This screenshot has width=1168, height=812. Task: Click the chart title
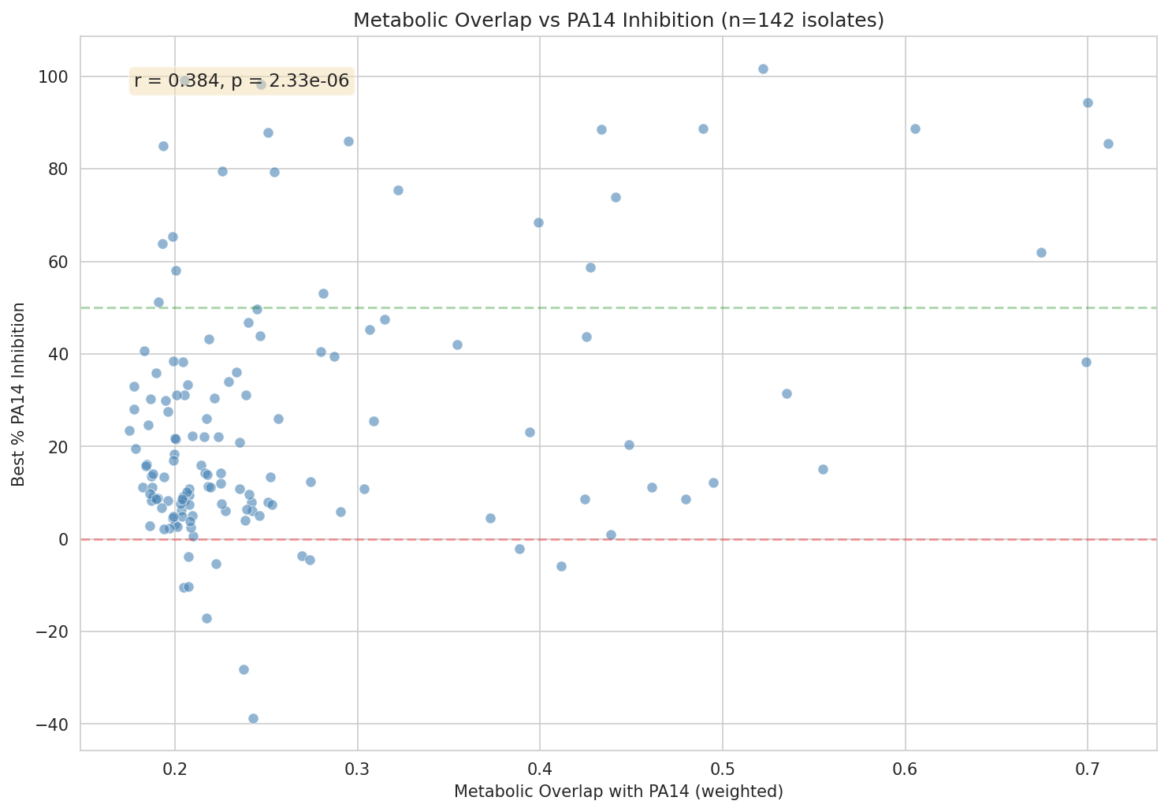click(619, 20)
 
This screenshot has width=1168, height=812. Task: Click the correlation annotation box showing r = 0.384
click(242, 80)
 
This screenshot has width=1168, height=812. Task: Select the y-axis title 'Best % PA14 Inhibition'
click(18, 393)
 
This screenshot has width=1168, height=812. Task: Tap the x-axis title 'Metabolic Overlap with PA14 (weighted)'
click(619, 792)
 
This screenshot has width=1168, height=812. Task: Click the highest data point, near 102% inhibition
click(763, 69)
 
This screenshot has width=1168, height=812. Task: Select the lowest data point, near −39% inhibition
click(253, 718)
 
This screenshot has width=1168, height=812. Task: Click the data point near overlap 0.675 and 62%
click(1041, 252)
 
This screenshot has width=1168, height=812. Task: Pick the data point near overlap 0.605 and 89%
click(915, 129)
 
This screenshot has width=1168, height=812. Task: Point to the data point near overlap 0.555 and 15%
click(823, 469)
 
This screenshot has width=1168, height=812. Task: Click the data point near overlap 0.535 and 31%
click(787, 393)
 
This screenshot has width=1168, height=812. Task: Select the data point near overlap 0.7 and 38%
click(1086, 362)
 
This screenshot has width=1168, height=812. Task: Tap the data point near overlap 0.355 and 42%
click(457, 345)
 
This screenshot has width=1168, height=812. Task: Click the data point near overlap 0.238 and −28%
click(244, 669)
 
